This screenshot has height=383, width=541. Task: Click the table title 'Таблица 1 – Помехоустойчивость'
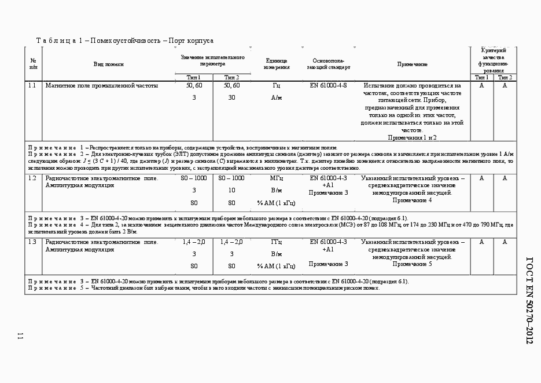125,41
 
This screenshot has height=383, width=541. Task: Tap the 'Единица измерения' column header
277,64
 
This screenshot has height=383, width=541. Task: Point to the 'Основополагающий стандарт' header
328,64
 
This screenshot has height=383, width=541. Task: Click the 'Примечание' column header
412,64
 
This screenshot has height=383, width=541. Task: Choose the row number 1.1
33,86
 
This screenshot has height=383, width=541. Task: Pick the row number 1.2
33,178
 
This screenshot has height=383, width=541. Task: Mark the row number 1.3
33,242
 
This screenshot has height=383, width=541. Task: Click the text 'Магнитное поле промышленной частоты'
101,86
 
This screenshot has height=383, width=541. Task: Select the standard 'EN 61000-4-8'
328,86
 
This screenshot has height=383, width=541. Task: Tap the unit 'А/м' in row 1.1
277,98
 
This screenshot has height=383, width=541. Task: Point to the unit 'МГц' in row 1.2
277,178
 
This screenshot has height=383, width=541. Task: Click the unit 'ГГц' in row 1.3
277,242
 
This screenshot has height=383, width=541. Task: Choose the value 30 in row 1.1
231,98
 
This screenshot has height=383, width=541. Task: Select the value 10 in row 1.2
231,190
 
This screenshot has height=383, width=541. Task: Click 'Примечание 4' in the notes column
412,200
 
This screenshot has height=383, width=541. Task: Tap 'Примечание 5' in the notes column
412,264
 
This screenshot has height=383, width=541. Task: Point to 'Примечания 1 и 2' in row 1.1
412,138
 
